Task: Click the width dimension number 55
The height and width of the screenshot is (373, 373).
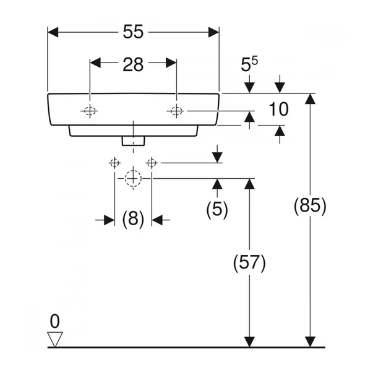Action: coord(133,32)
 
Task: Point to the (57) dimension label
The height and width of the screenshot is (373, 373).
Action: coord(249,263)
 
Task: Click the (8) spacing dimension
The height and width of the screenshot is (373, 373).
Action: coord(133,220)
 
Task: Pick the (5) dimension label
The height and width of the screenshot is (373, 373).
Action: coord(217,209)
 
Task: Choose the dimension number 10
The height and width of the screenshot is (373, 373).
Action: coord(279,110)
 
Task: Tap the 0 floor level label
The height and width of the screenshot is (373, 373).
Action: coord(55,321)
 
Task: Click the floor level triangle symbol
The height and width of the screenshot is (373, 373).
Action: coord(56,338)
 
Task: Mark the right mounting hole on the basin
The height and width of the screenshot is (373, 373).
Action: coord(176,111)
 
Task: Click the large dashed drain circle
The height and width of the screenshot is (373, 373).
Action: coord(133,178)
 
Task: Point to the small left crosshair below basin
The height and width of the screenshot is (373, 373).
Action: coord(114,163)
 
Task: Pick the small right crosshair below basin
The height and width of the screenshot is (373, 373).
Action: coord(152,163)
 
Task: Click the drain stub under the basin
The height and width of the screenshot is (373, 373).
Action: coord(133,141)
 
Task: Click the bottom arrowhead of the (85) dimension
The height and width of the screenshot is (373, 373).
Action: coord(310,342)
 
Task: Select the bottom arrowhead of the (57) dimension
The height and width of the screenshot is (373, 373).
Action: coord(249,342)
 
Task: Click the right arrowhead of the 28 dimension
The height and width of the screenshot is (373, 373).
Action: coord(172,62)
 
